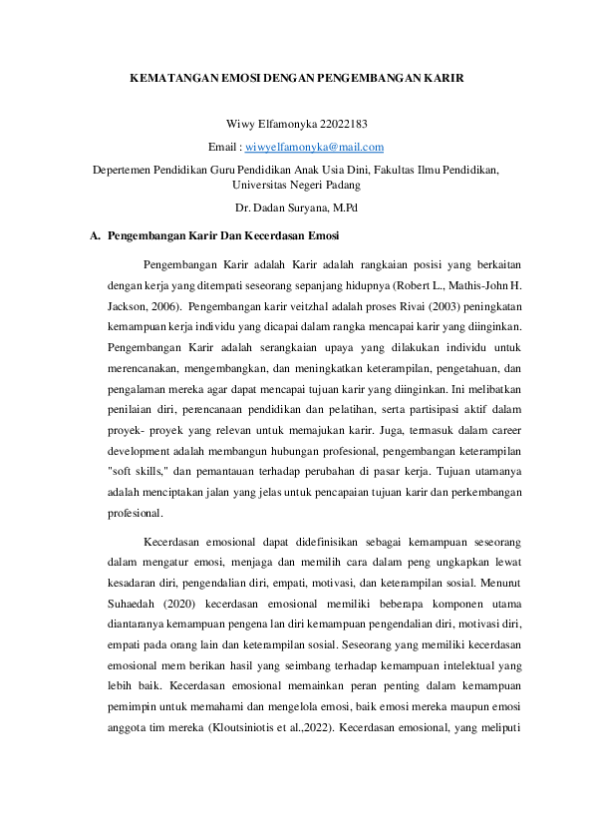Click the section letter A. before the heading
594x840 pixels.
95,236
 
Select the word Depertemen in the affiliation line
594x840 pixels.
122,171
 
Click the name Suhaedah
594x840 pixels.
134,604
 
